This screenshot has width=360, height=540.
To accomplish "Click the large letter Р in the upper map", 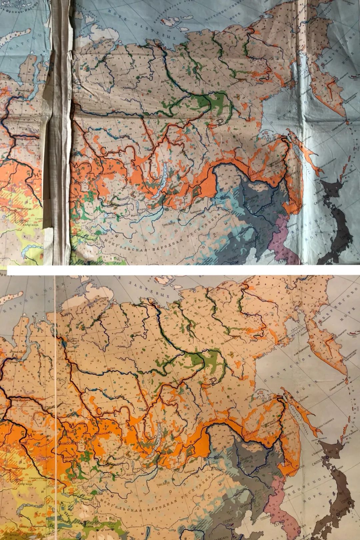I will [x=219, y=123].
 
